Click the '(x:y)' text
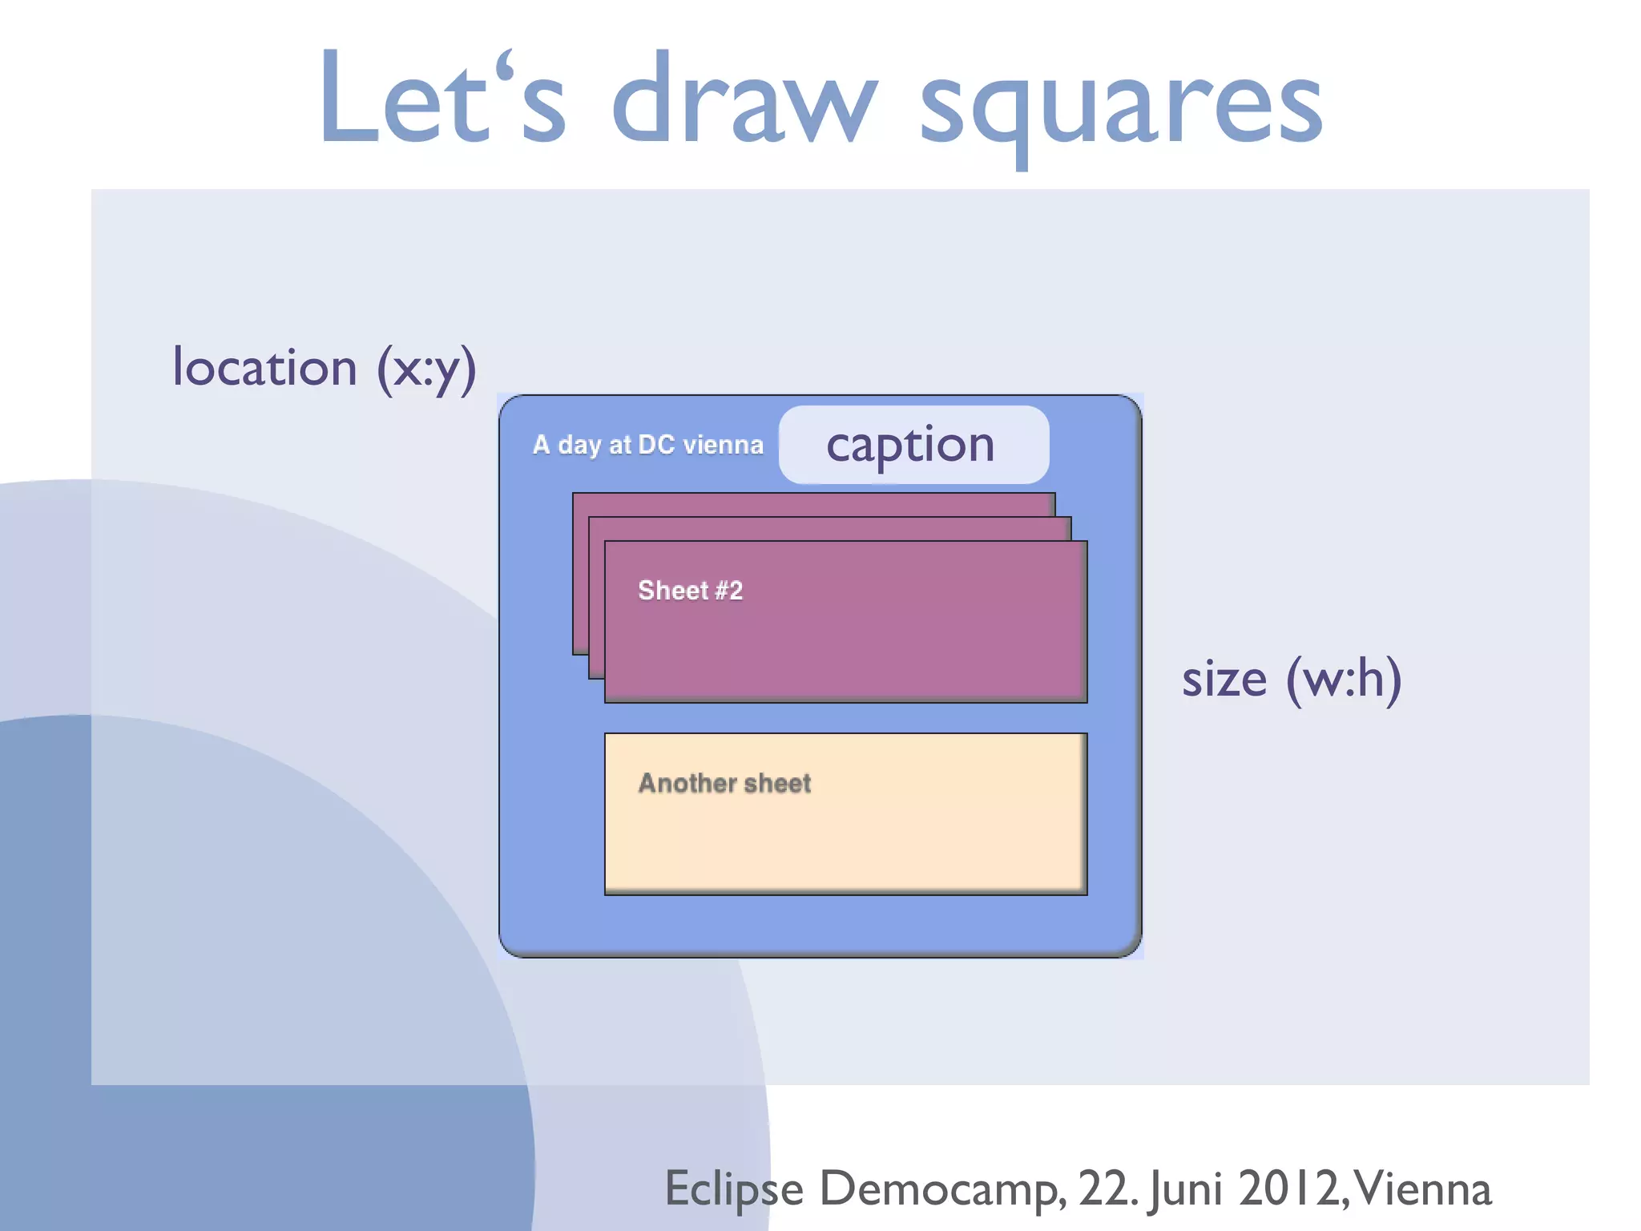[426, 369]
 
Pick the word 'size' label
[1224, 680]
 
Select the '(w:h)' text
[1344, 680]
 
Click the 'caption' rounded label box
[913, 445]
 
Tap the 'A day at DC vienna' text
[647, 445]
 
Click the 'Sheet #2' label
[690, 591]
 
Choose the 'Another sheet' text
[724, 783]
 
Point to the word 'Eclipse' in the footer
[734, 1189]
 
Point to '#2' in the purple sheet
[728, 591]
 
